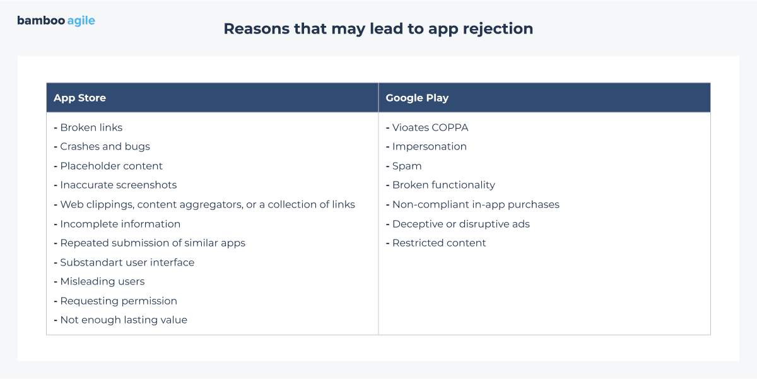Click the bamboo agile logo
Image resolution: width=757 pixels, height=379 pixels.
click(56, 21)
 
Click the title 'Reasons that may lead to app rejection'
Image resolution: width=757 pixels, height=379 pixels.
click(378, 28)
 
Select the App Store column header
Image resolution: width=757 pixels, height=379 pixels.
click(79, 98)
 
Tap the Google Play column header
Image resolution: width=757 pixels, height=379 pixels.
click(417, 98)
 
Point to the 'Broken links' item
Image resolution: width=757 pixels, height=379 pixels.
click(91, 127)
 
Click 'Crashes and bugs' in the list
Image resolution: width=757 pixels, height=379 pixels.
click(105, 146)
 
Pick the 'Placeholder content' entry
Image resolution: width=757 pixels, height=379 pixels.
click(111, 166)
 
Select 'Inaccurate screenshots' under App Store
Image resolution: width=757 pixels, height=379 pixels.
click(118, 185)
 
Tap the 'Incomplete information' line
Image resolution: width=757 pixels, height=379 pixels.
click(120, 224)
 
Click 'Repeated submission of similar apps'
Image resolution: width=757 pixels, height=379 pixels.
click(152, 243)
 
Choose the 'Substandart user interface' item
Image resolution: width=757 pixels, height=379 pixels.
click(127, 262)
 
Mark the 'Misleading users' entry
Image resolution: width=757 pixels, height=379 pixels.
click(102, 281)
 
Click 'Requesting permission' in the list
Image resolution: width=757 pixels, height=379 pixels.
click(118, 301)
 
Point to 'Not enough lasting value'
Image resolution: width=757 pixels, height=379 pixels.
click(124, 320)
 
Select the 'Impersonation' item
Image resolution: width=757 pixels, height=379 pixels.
click(429, 146)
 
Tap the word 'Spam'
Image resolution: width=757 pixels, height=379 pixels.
click(407, 166)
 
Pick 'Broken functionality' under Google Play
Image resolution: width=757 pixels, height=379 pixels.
click(443, 185)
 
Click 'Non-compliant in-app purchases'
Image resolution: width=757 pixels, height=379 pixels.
click(476, 204)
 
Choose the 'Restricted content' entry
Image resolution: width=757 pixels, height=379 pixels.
click(439, 243)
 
